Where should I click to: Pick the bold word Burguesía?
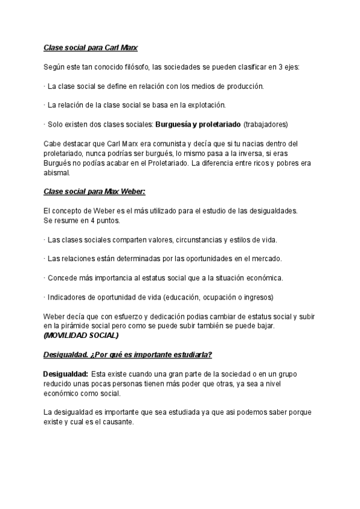[x=176, y=125]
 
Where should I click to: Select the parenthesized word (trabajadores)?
[x=266, y=125]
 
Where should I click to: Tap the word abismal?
[x=57, y=173]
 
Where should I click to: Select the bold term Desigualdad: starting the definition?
[x=66, y=375]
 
